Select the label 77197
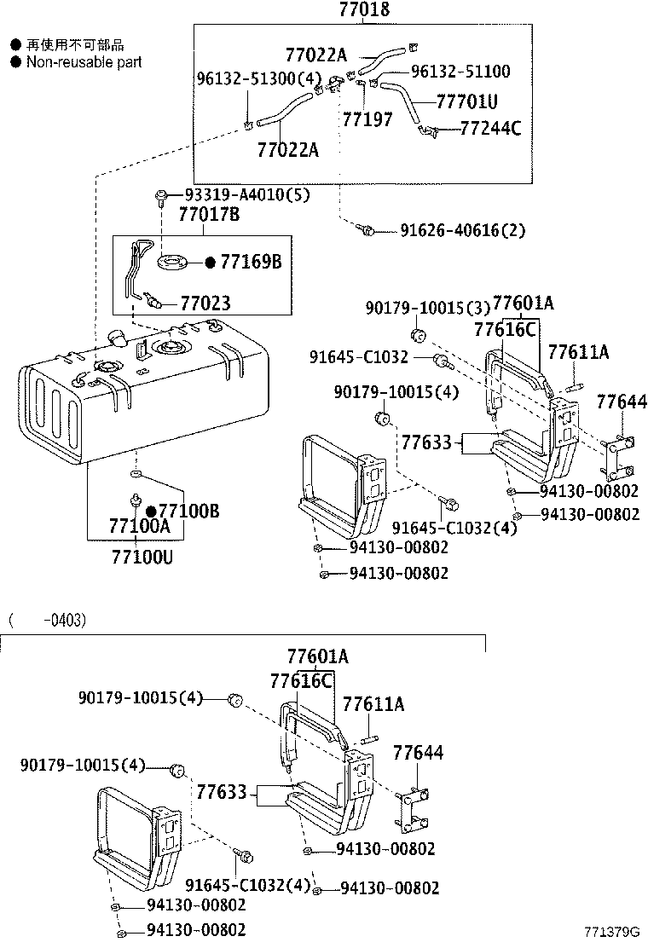[x=367, y=119]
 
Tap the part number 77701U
[x=466, y=101]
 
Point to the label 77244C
[x=490, y=129]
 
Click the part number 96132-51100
[x=460, y=72]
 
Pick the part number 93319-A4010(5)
[x=235, y=194]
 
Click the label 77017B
[x=209, y=216]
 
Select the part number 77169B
[x=251, y=262]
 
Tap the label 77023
[x=205, y=303]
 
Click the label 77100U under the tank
[x=142, y=558]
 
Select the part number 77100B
[x=188, y=511]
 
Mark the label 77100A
[x=139, y=528]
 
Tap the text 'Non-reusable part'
[x=84, y=62]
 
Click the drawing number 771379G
[x=612, y=931]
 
